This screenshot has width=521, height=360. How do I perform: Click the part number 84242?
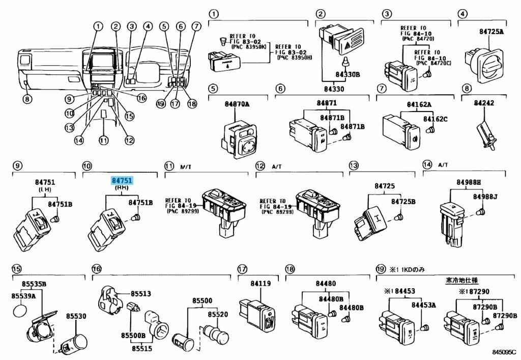(x=484, y=103)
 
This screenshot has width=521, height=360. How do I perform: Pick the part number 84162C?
(x=436, y=119)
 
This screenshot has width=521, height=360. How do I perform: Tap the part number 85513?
(x=140, y=294)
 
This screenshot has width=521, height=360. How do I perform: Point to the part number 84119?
(x=260, y=284)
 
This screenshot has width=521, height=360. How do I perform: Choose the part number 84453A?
(x=424, y=305)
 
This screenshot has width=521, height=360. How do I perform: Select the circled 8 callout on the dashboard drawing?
(x=26, y=99)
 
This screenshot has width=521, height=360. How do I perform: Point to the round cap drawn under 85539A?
(x=20, y=311)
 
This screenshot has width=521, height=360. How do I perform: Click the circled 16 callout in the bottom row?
(x=96, y=269)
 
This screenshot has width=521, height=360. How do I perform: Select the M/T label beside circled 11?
(x=186, y=167)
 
